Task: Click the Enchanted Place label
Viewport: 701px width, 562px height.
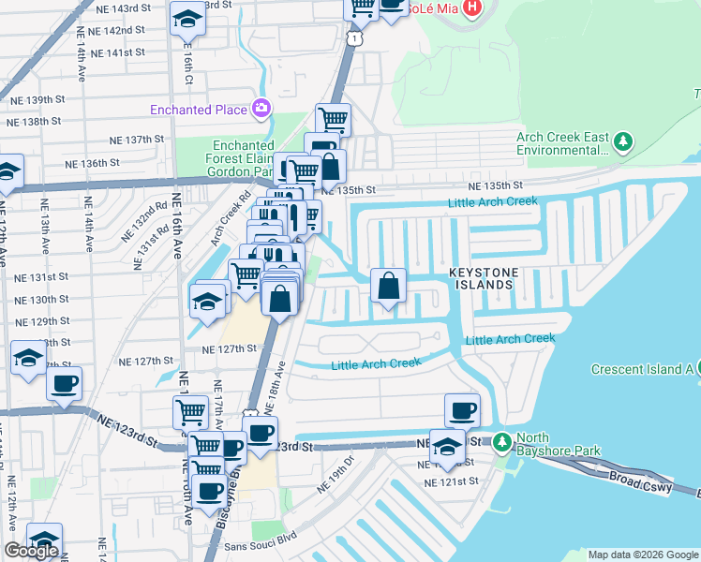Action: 199,110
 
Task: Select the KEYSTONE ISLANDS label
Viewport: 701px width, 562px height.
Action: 483,278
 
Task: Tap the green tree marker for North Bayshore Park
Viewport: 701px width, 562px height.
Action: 502,440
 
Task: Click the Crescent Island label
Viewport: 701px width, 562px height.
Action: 642,369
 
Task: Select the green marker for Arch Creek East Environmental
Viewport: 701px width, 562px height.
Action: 622,141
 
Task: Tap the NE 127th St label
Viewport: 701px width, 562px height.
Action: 230,348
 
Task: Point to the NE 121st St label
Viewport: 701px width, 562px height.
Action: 451,481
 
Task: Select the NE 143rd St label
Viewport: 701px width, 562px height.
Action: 124,7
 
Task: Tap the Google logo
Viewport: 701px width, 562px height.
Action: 31,551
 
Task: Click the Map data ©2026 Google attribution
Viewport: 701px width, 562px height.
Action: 643,555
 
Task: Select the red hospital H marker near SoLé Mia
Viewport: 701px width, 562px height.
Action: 472,8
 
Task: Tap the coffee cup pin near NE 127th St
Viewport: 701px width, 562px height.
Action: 64,383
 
